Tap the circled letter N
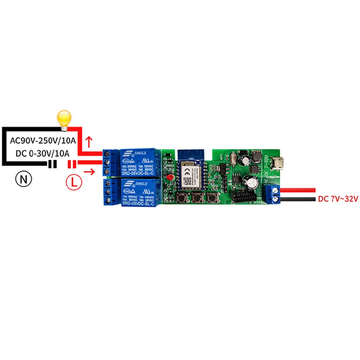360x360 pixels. point(23,179)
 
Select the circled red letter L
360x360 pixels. point(74,182)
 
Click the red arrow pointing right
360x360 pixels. point(90,172)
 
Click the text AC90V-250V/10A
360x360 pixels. point(43,140)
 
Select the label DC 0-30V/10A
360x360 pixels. point(42,153)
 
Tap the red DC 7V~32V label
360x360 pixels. point(338,199)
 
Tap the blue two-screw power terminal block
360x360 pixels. point(273,194)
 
